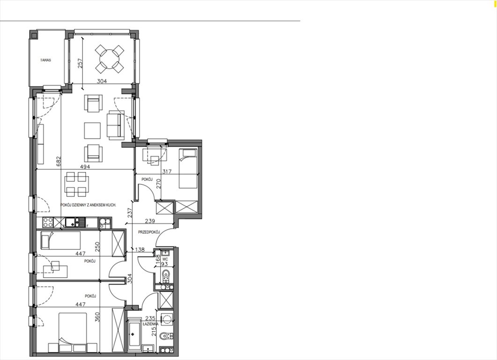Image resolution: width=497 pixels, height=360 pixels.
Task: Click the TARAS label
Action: pyautogui.click(x=45, y=60)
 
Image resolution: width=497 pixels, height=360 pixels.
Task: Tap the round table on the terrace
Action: pyautogui.click(x=110, y=59)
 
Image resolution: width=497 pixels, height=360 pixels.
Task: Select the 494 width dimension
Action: pyautogui.click(x=85, y=166)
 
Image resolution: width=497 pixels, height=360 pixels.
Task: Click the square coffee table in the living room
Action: pyautogui.click(x=92, y=130)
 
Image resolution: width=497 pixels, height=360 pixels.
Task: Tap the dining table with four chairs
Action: pyautogui.click(x=76, y=184)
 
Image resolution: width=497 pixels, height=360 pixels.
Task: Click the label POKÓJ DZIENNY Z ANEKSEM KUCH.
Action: pyautogui.click(x=88, y=205)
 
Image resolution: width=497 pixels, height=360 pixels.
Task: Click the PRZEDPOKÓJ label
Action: pyautogui.click(x=149, y=232)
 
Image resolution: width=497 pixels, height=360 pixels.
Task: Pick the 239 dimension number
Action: pyautogui.click(x=149, y=221)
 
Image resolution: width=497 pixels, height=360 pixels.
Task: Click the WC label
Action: pyautogui.click(x=165, y=258)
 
